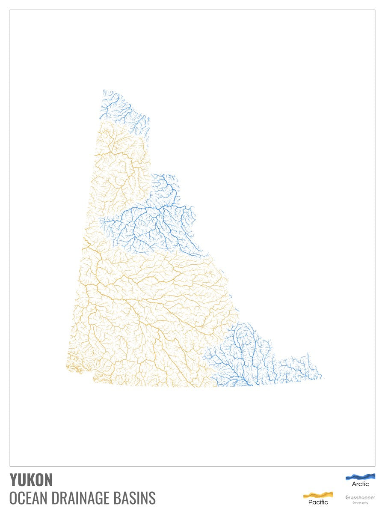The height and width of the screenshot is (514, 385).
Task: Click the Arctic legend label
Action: [x=360, y=484]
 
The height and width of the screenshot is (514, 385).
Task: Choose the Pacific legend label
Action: [x=318, y=502]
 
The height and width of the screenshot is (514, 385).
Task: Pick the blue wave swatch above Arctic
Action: [x=360, y=476]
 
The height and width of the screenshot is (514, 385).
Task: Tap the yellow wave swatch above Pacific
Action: [x=318, y=495]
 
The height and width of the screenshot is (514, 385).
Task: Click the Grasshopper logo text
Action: [x=360, y=497]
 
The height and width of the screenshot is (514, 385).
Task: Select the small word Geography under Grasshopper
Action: [x=360, y=502]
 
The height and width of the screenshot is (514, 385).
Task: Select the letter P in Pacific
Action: [x=311, y=502]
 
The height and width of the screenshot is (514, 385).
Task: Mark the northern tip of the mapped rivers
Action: [x=104, y=90]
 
